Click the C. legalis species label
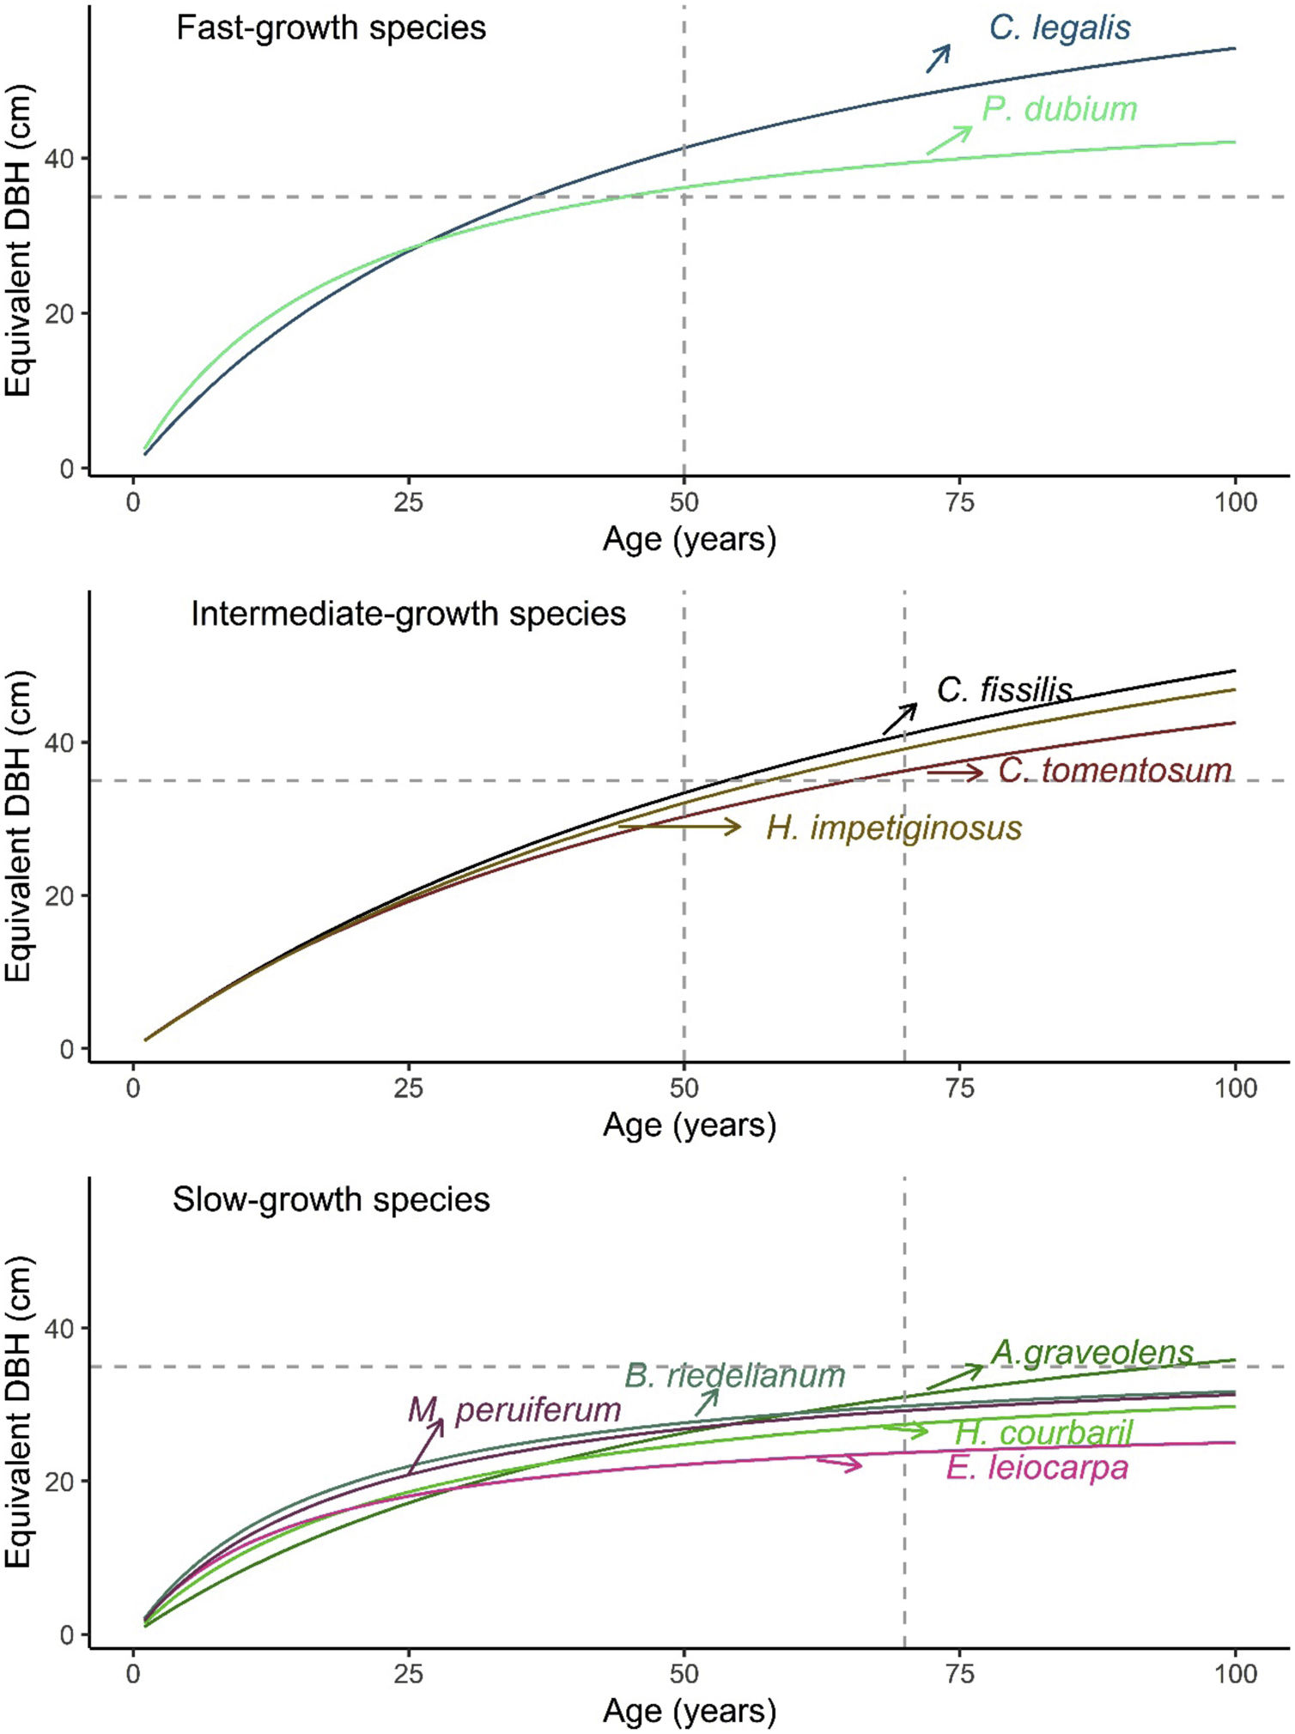click(x=1059, y=28)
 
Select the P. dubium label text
click(x=1059, y=109)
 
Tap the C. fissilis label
click(x=1004, y=689)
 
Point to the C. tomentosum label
click(x=1115, y=770)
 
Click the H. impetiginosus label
click(x=894, y=828)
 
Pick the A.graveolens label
click(x=1092, y=1352)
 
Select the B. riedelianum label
click(x=734, y=1375)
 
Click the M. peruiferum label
click(x=514, y=1409)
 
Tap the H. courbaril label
click(x=1043, y=1432)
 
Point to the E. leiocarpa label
click(x=1037, y=1467)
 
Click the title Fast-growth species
click(x=331, y=28)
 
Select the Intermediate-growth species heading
click(x=408, y=614)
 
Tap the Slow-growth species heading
click(x=331, y=1199)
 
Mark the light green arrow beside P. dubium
click(x=949, y=140)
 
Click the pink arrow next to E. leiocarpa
click(x=839, y=1463)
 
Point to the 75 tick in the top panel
click(x=960, y=502)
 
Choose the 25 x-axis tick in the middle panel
click(x=409, y=1088)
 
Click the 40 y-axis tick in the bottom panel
click(x=59, y=1329)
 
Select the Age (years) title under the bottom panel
click(x=690, y=1711)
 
